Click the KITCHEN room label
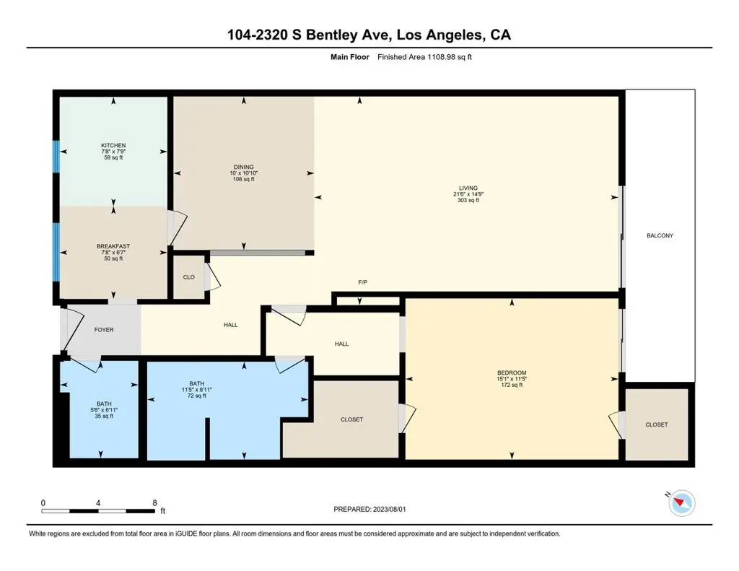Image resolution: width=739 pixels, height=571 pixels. [x=113, y=145]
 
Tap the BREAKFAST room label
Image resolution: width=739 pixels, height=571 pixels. [x=113, y=246]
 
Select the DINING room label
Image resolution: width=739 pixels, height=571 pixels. [x=244, y=167]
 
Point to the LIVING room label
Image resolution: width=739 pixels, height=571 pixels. [x=468, y=188]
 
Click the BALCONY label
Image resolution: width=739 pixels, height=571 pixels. [x=660, y=235]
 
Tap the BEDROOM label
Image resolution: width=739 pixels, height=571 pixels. [x=512, y=372]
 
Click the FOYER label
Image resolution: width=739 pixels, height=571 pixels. [x=104, y=330]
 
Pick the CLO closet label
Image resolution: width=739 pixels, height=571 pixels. [x=188, y=277]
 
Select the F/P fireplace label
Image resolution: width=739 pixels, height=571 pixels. [x=362, y=282]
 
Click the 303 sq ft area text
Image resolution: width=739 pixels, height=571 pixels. [x=468, y=200]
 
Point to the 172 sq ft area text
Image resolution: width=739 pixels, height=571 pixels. [x=512, y=385]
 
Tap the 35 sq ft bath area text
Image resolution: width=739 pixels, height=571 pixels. [x=104, y=416]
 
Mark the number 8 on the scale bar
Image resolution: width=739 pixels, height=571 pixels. [x=154, y=503]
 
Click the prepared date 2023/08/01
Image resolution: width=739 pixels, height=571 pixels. [x=389, y=509]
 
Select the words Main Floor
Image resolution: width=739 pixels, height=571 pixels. [x=350, y=57]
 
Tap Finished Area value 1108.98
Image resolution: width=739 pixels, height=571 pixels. [x=442, y=57]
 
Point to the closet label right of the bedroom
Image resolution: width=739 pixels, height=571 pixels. [x=657, y=424]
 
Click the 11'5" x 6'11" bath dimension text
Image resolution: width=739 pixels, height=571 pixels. [x=197, y=390]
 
